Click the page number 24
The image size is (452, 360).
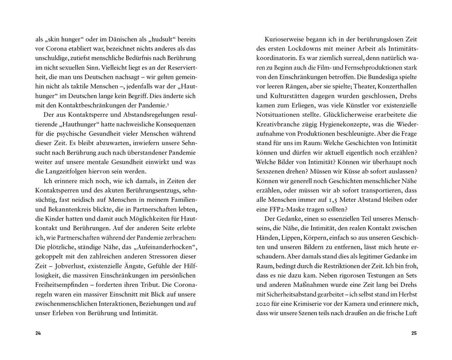tap(38, 333)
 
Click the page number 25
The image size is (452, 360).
tap(414, 333)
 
